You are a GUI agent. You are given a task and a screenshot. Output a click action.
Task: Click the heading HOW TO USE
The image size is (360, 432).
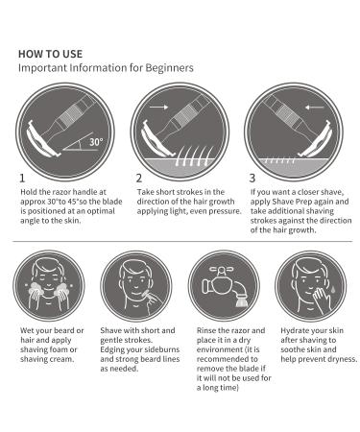click(50, 54)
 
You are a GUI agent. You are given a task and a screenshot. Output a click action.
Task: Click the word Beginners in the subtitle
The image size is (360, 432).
click(169, 68)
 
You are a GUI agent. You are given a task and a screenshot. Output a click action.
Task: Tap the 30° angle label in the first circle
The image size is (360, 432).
click(96, 142)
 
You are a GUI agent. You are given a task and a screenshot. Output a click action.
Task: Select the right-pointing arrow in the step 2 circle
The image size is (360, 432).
click(159, 107)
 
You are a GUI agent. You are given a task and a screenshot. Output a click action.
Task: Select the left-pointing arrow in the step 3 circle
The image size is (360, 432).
click(315, 108)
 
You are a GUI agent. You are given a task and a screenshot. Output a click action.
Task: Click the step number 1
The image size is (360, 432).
click(22, 178)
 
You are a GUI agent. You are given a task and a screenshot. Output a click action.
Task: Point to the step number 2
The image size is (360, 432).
click(138, 178)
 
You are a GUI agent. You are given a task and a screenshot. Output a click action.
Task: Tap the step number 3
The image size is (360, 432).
click(252, 178)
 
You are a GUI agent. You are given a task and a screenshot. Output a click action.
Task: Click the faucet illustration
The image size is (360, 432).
click(225, 286)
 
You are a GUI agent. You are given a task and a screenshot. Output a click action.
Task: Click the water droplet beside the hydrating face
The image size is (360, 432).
click(333, 289)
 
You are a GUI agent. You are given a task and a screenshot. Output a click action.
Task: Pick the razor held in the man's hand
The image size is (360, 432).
click(150, 296)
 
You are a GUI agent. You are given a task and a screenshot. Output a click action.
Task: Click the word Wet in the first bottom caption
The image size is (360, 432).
click(27, 330)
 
